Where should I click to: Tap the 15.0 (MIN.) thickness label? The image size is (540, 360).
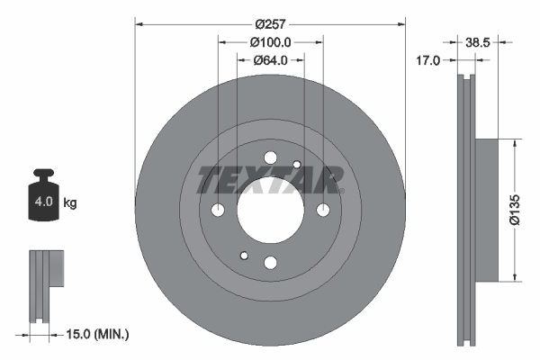pyautogui.click(x=100, y=334)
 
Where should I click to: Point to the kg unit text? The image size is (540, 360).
pyautogui.click(x=70, y=203)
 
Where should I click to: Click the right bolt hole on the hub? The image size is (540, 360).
pyautogui.click(x=322, y=210)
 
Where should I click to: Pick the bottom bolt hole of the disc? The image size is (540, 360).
pyautogui.click(x=270, y=262)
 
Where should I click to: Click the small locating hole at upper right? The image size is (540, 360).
pyautogui.click(x=296, y=164)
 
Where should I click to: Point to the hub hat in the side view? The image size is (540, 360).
pyautogui.click(x=485, y=209)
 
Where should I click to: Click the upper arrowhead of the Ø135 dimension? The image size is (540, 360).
pyautogui.click(x=514, y=143)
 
